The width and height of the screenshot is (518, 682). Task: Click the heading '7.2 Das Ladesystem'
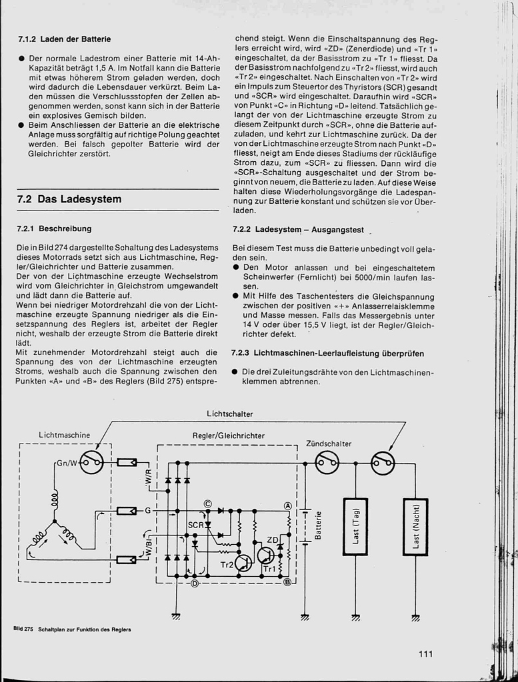pyautogui.click(x=69, y=199)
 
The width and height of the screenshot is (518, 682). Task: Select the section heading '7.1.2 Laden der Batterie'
pyautogui.click(x=64, y=39)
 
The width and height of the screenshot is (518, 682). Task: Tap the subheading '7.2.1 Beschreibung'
pyautogui.click(x=54, y=228)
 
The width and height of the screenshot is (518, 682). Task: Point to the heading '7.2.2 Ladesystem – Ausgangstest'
pyautogui.click(x=298, y=230)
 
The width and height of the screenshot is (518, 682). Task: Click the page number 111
pyautogui.click(x=425, y=653)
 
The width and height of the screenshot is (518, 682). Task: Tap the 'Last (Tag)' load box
pyautogui.click(x=355, y=526)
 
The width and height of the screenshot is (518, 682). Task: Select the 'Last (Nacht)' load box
pyautogui.click(x=415, y=526)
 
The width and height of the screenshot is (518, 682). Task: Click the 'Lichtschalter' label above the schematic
pyautogui.click(x=230, y=414)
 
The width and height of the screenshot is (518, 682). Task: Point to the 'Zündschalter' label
pyautogui.click(x=329, y=444)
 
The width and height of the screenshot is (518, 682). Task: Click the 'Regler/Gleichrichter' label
pyautogui.click(x=229, y=436)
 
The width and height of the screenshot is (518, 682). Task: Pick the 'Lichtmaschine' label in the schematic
pyautogui.click(x=64, y=435)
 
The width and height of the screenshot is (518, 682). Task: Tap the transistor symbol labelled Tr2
pyautogui.click(x=243, y=563)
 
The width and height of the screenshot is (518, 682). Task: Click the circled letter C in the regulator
pyautogui.click(x=207, y=504)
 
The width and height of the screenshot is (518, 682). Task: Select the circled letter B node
pyautogui.click(x=288, y=582)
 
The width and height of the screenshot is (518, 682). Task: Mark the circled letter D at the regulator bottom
pyautogui.click(x=195, y=584)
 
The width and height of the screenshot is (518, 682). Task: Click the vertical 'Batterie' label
pyautogui.click(x=319, y=526)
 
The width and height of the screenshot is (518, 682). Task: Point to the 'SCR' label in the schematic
pyautogui.click(x=195, y=525)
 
